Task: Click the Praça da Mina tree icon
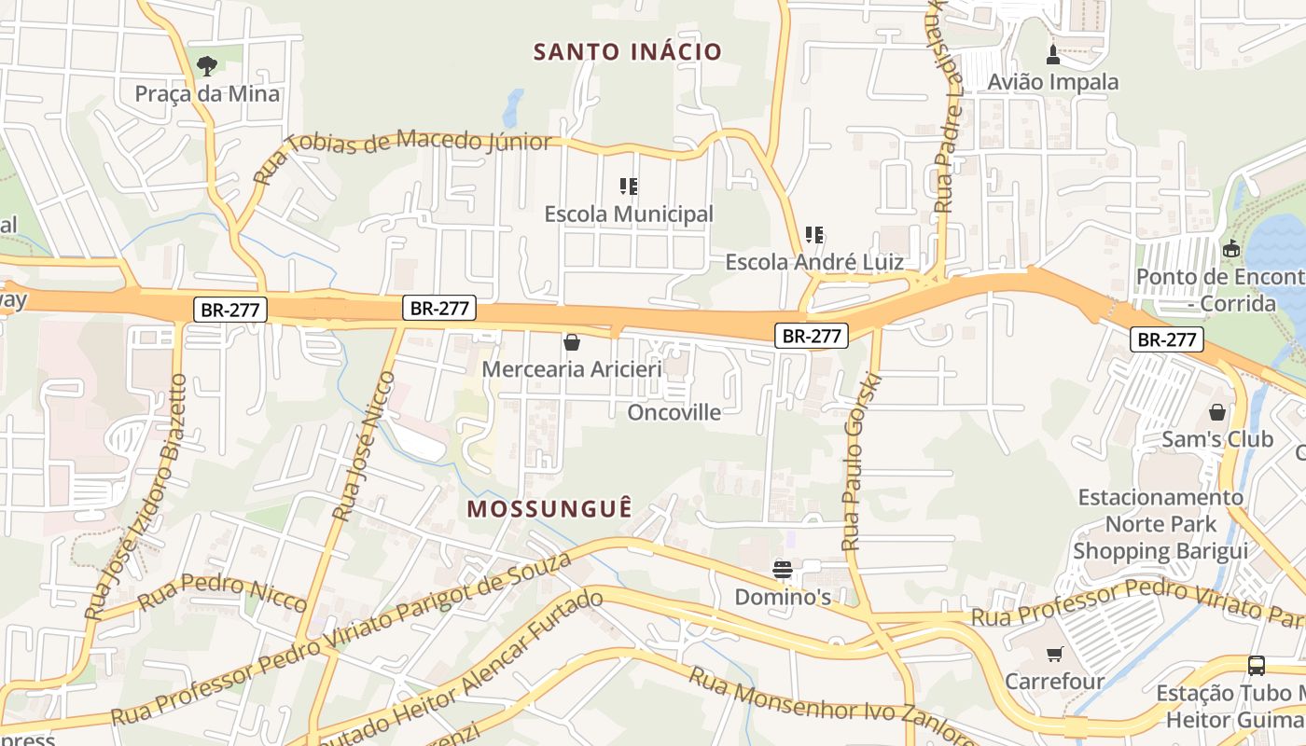207,65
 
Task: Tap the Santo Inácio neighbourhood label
628,51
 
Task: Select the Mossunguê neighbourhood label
549,508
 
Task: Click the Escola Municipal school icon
629,186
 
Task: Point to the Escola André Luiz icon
814,235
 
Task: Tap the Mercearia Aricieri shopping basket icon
572,342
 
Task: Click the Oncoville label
674,412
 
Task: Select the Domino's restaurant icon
783,569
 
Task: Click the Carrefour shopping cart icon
1054,655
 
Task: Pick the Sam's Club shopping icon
1217,411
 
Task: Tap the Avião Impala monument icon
1053,54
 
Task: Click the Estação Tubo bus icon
1257,666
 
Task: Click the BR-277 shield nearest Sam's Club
1167,339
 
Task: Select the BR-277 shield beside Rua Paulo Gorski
812,336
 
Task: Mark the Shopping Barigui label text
1160,550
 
